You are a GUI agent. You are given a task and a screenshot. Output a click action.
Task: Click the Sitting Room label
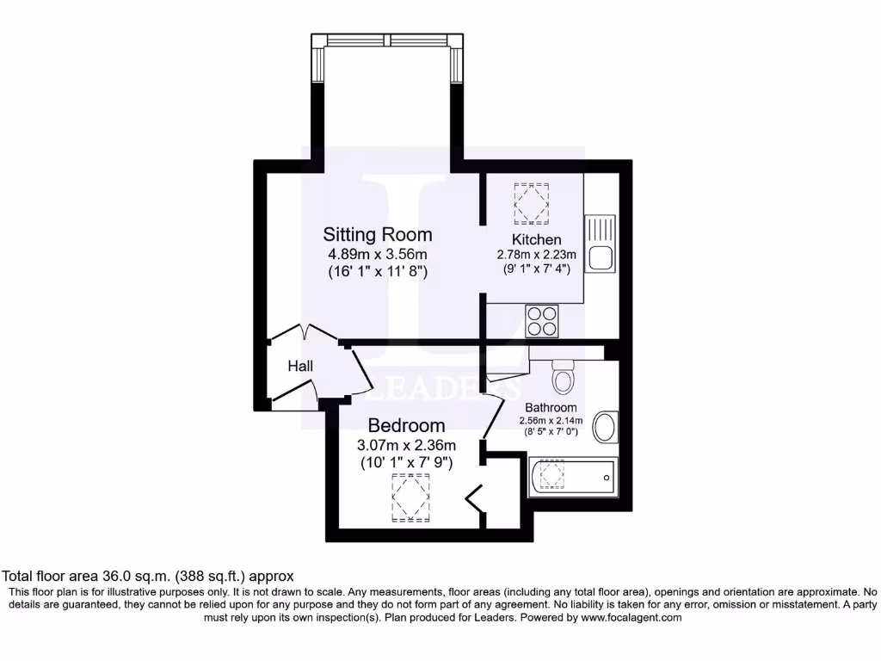click(378, 234)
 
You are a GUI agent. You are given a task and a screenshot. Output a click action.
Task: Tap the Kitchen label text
click(537, 239)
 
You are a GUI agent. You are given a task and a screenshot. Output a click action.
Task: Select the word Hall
click(300, 367)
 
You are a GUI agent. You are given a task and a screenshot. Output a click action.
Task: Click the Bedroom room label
click(406, 425)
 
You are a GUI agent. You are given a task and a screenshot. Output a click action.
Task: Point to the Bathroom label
click(551, 408)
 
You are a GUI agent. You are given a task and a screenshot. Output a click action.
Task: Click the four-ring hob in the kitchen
click(542, 320)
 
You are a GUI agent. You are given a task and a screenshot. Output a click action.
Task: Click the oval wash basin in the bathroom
click(606, 427)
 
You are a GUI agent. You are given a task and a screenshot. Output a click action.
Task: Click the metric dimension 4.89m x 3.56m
click(378, 254)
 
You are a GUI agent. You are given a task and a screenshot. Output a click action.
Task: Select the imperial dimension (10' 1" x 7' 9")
click(406, 462)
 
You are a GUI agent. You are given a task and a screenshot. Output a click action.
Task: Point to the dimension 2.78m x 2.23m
click(537, 255)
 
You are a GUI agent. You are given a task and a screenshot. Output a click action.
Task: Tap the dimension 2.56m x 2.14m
click(551, 421)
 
